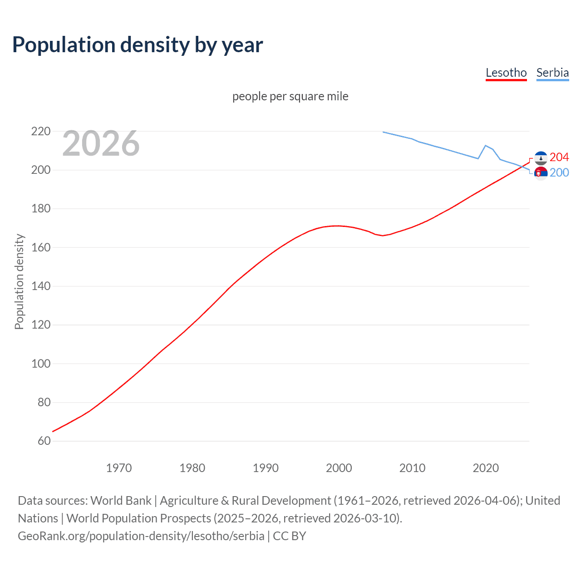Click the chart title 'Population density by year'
tap(138, 45)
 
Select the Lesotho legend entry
tap(506, 73)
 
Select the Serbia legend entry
tap(552, 73)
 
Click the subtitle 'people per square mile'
tap(290, 96)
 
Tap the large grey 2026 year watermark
tap(101, 143)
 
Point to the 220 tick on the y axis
tap(41, 132)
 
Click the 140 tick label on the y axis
tap(41, 286)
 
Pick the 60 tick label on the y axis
tap(44, 441)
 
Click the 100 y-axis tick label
tap(41, 364)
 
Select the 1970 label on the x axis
tap(119, 468)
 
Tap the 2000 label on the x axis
tap(339, 468)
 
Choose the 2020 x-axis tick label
tap(486, 468)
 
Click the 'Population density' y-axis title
tap(19, 281)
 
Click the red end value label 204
tap(559, 157)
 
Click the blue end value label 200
tap(559, 172)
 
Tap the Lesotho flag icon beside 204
tap(541, 158)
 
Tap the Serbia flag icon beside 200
tap(541, 173)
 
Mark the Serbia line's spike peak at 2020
tap(486, 146)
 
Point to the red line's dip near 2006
tap(383, 236)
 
